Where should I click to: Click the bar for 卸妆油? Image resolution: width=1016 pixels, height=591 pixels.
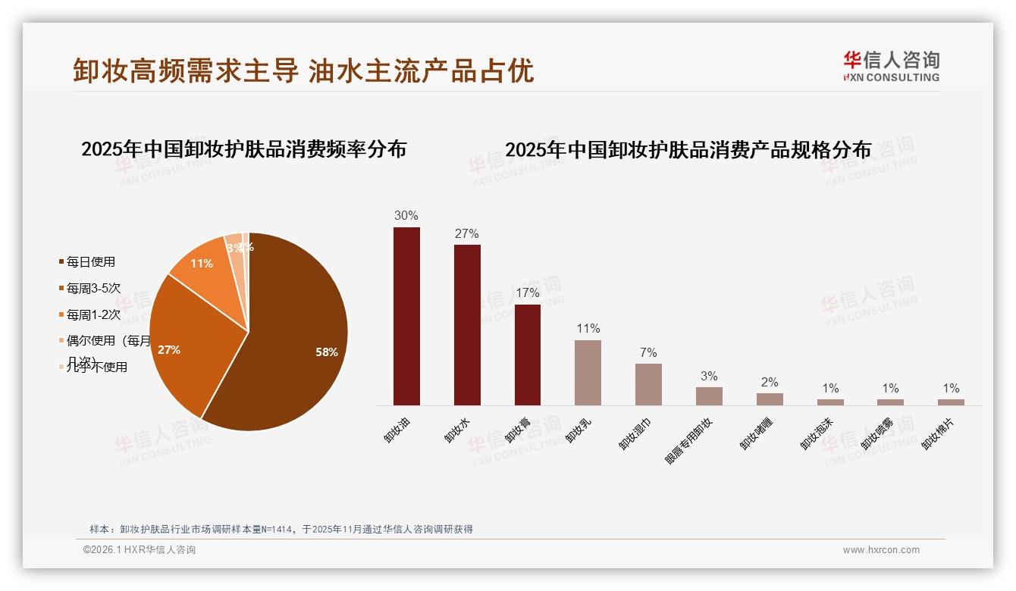[x=406, y=316]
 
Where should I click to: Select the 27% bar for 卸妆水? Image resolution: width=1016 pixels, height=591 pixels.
[x=467, y=325]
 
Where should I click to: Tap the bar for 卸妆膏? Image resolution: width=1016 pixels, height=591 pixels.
[x=528, y=355]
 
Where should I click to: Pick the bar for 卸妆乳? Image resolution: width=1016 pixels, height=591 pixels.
[x=588, y=373]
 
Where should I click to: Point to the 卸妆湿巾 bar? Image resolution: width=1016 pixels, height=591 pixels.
[x=648, y=384]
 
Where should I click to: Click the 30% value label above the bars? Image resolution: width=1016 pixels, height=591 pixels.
[x=406, y=216]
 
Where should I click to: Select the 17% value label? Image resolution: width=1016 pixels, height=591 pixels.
[x=528, y=293]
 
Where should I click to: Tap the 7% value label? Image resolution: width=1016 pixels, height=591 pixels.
[x=648, y=353]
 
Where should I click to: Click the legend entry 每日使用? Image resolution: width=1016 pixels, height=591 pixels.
[x=90, y=262]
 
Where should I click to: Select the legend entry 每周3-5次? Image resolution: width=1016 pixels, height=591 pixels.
[x=93, y=289]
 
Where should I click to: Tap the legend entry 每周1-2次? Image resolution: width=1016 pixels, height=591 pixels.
[x=93, y=315]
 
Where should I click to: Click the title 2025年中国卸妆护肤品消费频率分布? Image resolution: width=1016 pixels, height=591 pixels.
[x=243, y=149]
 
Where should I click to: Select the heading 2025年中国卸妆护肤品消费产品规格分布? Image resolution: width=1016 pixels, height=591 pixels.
[x=688, y=150]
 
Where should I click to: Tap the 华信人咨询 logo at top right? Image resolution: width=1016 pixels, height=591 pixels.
[x=891, y=66]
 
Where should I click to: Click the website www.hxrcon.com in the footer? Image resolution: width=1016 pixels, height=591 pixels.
[x=881, y=550]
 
